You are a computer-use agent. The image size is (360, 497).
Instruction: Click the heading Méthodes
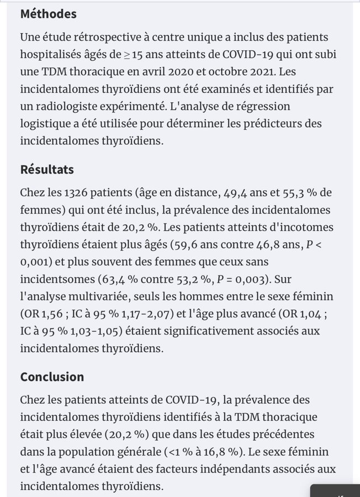pyautogui.click(x=48, y=14)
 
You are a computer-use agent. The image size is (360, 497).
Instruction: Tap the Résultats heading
pyautogui.click(x=47, y=170)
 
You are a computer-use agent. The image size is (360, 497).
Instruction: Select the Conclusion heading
pyautogui.click(x=52, y=377)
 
